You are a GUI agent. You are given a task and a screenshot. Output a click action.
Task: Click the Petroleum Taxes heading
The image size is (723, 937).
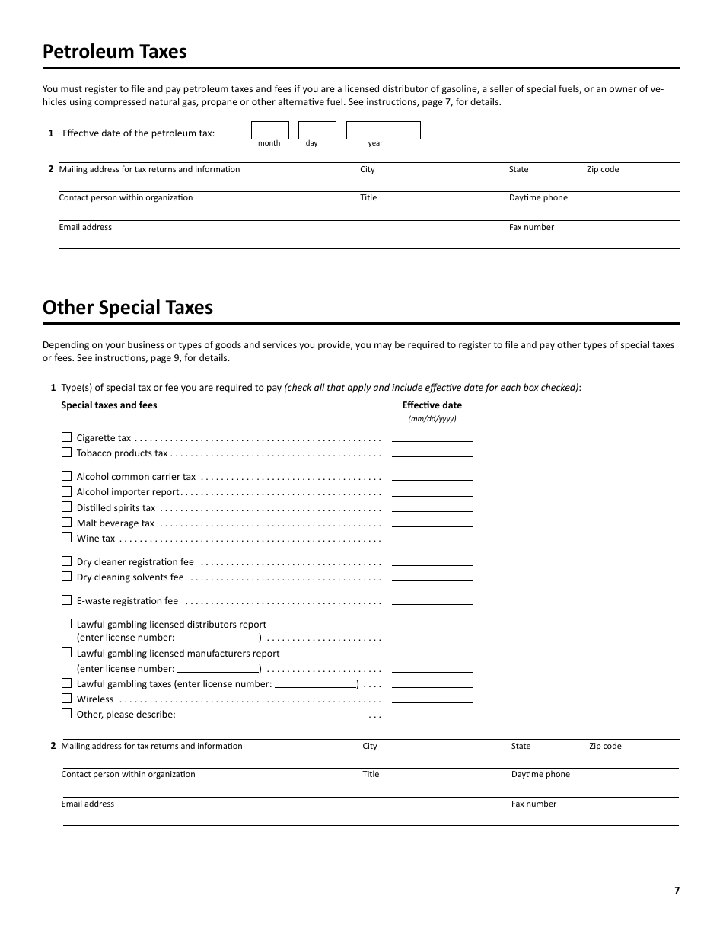pyautogui.click(x=114, y=52)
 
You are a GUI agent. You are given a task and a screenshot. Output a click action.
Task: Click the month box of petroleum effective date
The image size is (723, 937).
pyautogui.click(x=269, y=130)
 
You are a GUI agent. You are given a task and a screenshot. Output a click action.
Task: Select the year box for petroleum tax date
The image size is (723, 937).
pyautogui.click(x=383, y=130)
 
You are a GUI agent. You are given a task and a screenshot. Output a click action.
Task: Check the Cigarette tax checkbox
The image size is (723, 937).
pyautogui.click(x=66, y=437)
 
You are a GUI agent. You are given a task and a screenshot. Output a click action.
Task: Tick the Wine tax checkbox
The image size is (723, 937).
pyautogui.click(x=66, y=538)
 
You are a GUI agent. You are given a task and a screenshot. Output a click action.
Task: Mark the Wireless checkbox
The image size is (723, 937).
pyautogui.click(x=66, y=699)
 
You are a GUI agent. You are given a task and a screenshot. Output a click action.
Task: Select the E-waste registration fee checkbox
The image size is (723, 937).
pyautogui.click(x=66, y=600)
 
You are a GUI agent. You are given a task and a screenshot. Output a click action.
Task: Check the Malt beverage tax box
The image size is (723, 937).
pyautogui.click(x=66, y=523)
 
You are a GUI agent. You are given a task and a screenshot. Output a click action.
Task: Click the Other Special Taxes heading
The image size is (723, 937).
pyautogui.click(x=127, y=308)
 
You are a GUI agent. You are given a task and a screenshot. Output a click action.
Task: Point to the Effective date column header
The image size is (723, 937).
pyautogui.click(x=432, y=405)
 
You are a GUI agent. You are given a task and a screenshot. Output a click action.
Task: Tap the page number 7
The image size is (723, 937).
pyautogui.click(x=677, y=891)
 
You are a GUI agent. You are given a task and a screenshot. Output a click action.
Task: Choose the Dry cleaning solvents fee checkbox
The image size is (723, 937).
pyautogui.click(x=66, y=577)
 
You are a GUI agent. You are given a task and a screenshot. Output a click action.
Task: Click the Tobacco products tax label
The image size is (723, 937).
pyautogui.click(x=122, y=453)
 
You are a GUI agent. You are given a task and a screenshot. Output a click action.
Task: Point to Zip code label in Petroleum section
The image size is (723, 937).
pyautogui.click(x=602, y=169)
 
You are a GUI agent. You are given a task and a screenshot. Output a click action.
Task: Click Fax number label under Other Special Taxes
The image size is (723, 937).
pyautogui.click(x=533, y=804)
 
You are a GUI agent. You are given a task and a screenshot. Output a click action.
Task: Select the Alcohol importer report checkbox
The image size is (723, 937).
pyautogui.click(x=66, y=491)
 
